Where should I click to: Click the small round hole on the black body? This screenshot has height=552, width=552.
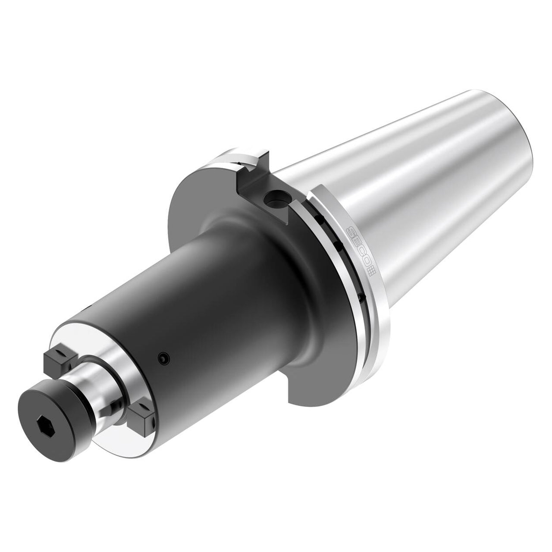[x=163, y=357]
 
